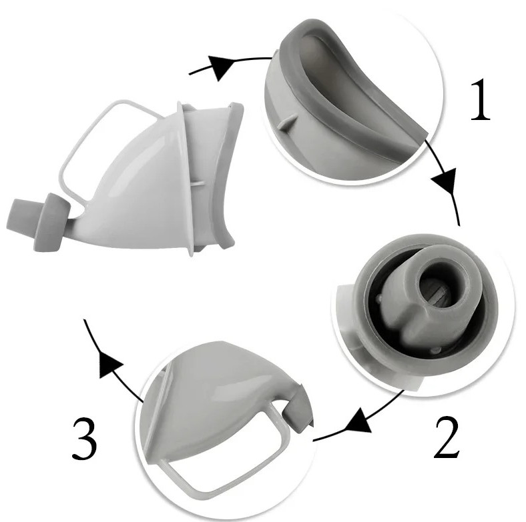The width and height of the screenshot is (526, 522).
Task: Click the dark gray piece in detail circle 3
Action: [x=298, y=410]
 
